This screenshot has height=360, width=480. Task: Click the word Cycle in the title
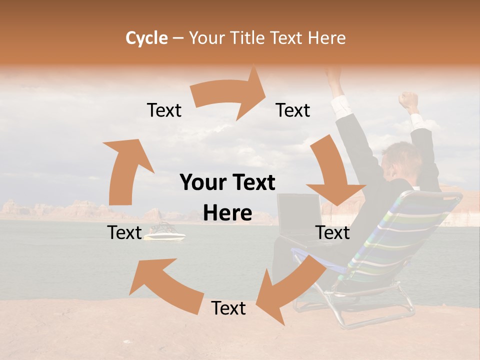[x=146, y=38]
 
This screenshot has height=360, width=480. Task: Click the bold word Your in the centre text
[x=203, y=183]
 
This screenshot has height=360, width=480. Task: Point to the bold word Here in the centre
[x=227, y=213]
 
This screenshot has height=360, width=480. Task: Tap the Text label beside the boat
[x=124, y=232]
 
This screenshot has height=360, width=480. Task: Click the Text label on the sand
[x=228, y=308]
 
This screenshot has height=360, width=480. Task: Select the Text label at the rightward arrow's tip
[x=293, y=110]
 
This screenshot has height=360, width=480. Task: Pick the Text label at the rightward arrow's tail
[x=164, y=110]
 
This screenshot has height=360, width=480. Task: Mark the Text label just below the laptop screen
[x=332, y=232]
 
